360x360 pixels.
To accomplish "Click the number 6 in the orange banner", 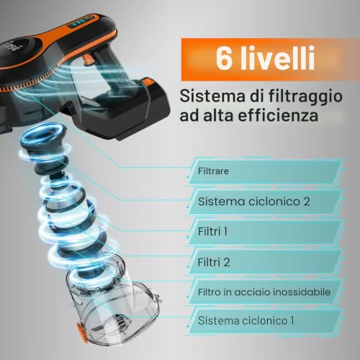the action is [224, 58].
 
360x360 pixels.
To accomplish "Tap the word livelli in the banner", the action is [277, 58].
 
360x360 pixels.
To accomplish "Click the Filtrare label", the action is [213, 171].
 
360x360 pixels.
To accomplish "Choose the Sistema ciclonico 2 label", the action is [254, 202].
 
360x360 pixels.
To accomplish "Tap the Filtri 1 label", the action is [212, 232].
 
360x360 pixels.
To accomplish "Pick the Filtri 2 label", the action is [214, 262].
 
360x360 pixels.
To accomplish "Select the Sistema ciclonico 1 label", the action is [246, 320].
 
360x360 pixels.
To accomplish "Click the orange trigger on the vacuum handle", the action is [88, 59].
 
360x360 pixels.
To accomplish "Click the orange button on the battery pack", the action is [146, 82].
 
